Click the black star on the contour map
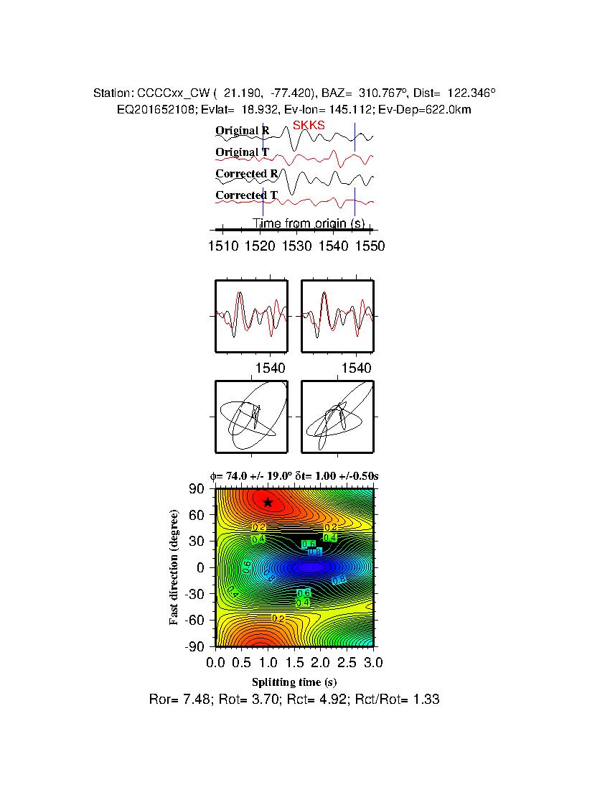coord(268,503)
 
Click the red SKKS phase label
coord(309,125)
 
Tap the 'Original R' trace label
coord(243,131)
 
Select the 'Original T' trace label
coord(243,152)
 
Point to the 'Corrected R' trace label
coord(246,174)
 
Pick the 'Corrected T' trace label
coord(246,195)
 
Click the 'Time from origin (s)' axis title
coord(309,223)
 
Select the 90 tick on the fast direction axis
coord(197,489)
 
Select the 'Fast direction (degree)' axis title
coord(174,567)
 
